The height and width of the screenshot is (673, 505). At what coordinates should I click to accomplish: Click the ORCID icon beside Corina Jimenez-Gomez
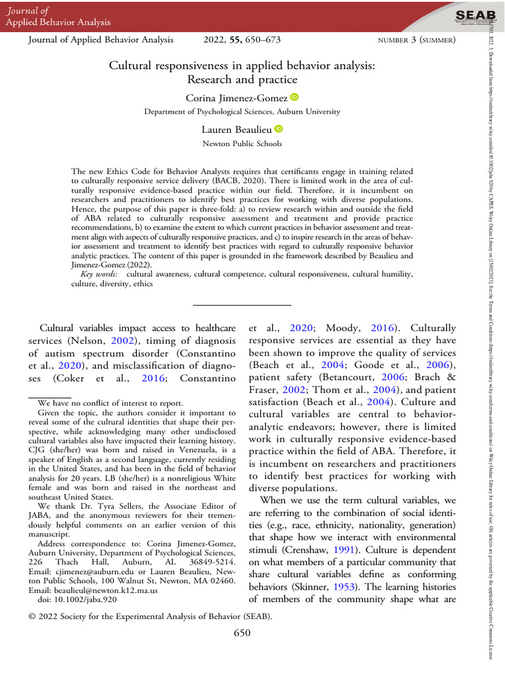(294, 98)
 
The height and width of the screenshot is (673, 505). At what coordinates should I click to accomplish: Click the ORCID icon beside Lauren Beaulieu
(278, 129)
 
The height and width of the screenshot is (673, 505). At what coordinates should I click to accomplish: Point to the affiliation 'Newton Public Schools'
(242, 143)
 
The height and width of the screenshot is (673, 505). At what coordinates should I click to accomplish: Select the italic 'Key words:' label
(101, 273)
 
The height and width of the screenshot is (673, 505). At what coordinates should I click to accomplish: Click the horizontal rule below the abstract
(242, 305)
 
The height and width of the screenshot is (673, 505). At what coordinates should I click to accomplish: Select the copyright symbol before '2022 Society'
(33, 616)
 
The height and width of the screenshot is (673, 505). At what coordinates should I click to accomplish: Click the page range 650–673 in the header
(262, 40)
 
